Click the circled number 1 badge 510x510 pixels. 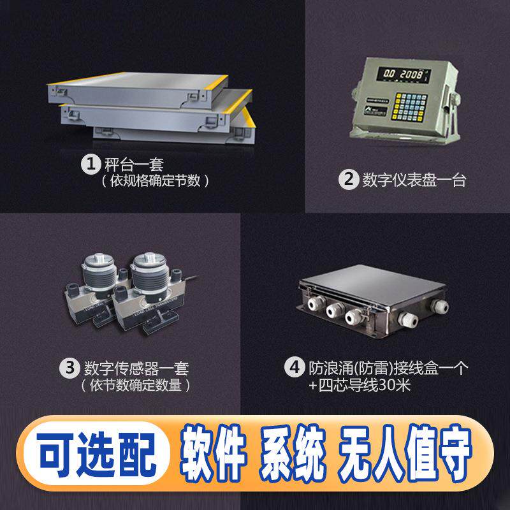tap(89, 164)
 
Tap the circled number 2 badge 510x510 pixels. tap(347, 180)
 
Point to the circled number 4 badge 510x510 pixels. tap(295, 368)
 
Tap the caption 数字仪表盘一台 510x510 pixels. tap(414, 180)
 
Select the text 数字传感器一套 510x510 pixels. tap(136, 368)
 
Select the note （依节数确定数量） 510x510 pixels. tap(135, 386)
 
